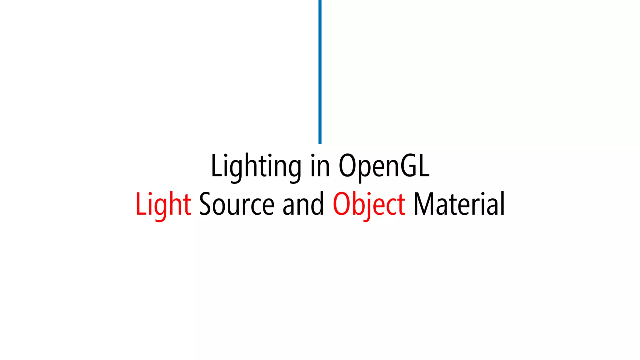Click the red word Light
coord(163,205)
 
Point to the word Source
coord(237,205)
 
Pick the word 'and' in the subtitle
coord(303,205)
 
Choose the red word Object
coord(369,205)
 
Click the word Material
coord(459,205)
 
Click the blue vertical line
coord(320,72)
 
